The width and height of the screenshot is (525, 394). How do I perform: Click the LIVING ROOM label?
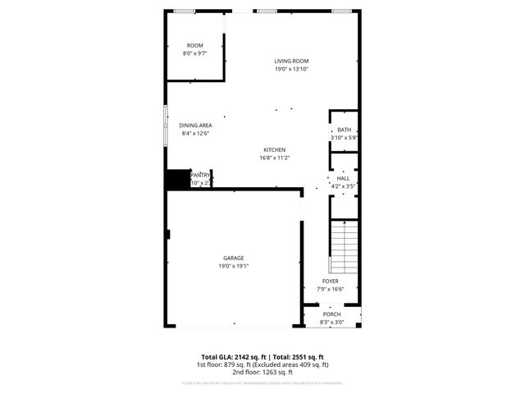[x=291, y=61]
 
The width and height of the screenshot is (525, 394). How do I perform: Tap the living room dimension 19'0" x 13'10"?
[x=291, y=69]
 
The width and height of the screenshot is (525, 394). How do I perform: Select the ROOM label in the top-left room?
[x=194, y=45]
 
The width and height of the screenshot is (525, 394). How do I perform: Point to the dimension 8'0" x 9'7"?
[x=194, y=53]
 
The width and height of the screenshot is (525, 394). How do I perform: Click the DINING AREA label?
[x=195, y=126]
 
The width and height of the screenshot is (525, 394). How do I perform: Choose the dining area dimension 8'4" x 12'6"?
[x=195, y=134]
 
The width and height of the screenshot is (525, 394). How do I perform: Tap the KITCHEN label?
[x=274, y=149]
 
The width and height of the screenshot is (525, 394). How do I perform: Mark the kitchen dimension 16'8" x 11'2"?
[x=274, y=158]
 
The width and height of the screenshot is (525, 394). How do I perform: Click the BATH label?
[x=344, y=130]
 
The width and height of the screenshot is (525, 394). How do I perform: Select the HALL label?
[x=343, y=178]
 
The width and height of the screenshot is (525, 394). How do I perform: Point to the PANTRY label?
[x=201, y=174]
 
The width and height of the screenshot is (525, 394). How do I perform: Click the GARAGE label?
[x=234, y=258]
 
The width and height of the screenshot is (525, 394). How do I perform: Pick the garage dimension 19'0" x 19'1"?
[x=234, y=266]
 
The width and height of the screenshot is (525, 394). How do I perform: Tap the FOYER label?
[x=330, y=281]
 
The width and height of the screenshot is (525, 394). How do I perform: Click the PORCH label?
[x=331, y=314]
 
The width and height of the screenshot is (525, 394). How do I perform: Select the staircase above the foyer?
[x=345, y=246]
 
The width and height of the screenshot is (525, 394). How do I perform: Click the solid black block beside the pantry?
[x=176, y=180]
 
